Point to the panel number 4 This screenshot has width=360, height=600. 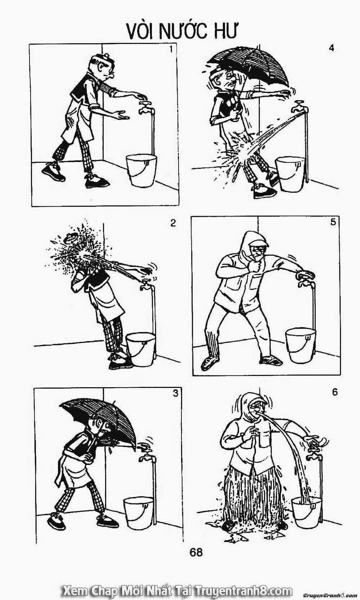332,48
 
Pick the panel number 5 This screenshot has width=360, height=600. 333,223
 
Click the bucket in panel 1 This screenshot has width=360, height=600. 141,171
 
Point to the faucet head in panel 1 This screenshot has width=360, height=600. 144,106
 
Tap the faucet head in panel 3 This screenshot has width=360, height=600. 146,457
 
